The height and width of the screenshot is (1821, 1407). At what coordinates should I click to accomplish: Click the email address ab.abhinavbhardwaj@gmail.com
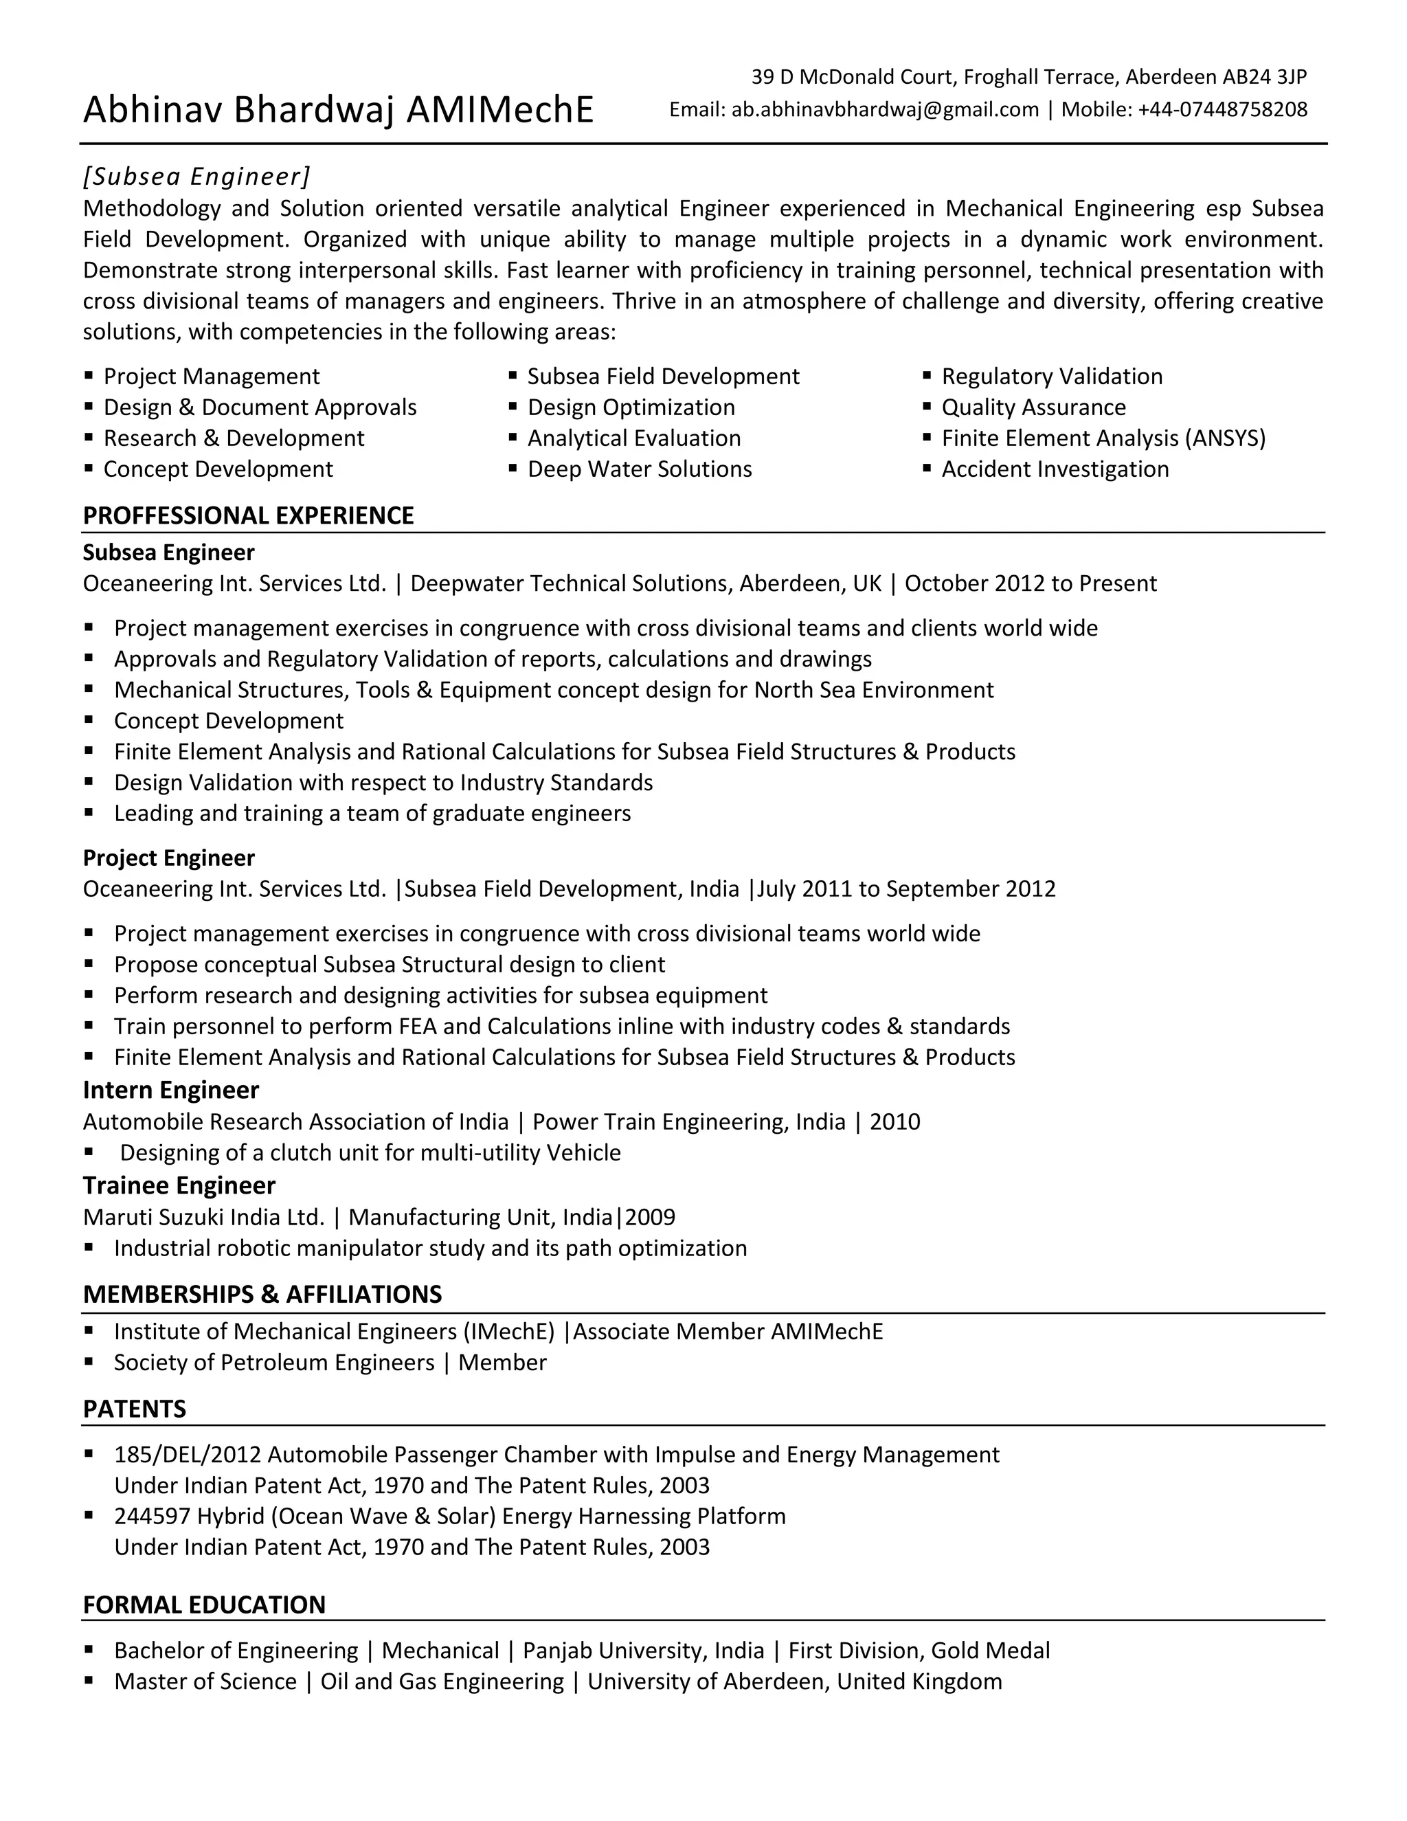(885, 109)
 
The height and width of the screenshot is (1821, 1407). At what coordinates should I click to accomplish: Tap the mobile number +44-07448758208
(1223, 109)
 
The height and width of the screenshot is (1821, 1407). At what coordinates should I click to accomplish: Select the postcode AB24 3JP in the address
(1265, 77)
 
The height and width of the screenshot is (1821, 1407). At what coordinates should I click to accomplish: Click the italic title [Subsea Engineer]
(196, 176)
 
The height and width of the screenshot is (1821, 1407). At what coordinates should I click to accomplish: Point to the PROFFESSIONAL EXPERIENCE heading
(249, 515)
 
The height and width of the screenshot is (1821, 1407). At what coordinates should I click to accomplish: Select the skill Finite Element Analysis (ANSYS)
(1103, 438)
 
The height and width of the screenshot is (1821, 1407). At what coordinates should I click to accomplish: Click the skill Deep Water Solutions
(640, 469)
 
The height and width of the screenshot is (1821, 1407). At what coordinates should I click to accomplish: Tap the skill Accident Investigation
(1055, 469)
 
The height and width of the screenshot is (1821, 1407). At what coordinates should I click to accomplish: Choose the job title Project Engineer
(168, 858)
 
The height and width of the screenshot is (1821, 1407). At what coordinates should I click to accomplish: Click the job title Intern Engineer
(171, 1090)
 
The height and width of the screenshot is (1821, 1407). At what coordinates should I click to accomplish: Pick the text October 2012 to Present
(1031, 583)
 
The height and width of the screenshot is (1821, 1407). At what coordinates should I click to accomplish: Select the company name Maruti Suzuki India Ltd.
(203, 1218)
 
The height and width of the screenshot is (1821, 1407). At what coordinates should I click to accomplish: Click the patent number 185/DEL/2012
(188, 1454)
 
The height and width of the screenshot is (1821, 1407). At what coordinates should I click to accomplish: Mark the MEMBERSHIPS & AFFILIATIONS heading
(262, 1294)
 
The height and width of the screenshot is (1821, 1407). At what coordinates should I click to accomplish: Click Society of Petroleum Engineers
(274, 1363)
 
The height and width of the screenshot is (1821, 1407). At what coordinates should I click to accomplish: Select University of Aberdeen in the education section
(708, 1681)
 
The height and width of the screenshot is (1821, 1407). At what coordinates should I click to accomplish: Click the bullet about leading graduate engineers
(372, 813)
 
